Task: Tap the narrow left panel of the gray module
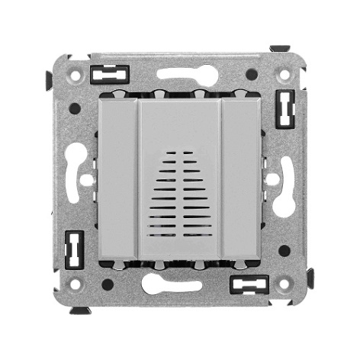[118, 180]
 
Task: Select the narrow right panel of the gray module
[243, 180]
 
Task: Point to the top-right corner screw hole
[284, 76]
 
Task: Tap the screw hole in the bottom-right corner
[284, 284]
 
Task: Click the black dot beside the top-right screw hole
[252, 75]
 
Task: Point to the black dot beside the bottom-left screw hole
[108, 284]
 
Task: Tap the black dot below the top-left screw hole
[75, 108]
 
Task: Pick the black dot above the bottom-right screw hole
[284, 250]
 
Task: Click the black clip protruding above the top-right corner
[280, 49]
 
